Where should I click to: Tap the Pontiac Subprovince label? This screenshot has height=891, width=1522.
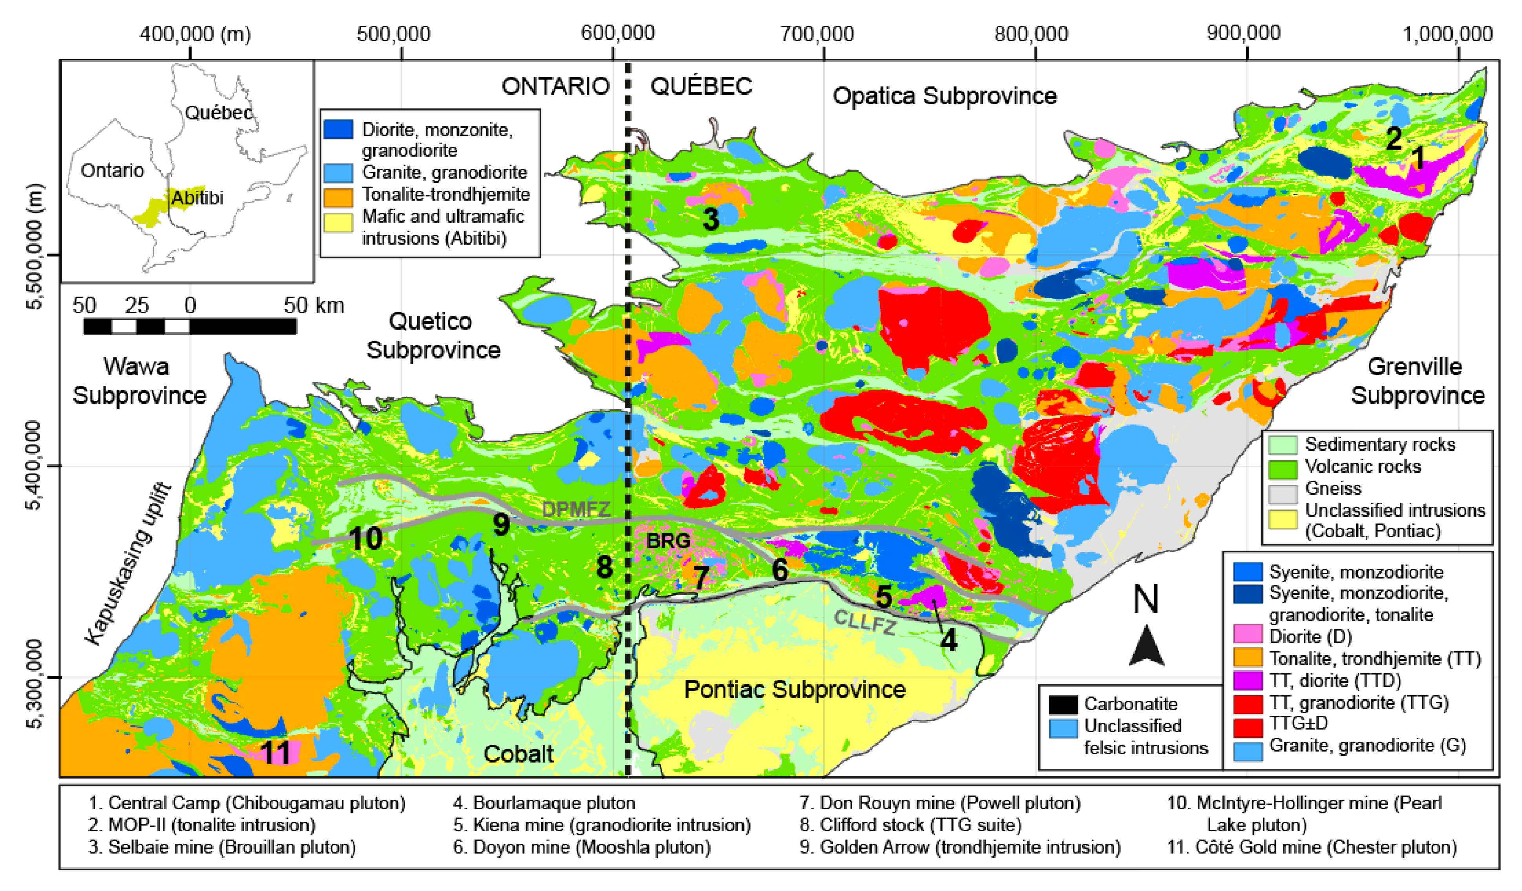pos(794,689)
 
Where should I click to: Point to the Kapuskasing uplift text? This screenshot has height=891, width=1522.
pos(128,564)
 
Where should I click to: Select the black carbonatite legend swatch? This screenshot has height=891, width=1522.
pos(1063,704)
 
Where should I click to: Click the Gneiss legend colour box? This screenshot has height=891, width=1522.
pos(1283,488)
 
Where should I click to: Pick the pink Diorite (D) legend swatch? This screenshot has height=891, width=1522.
pos(1247,637)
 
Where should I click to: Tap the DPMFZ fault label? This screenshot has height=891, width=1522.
pos(576,509)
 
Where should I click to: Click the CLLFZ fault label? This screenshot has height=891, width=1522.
pos(865,621)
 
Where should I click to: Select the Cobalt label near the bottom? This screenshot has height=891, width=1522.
pos(518,754)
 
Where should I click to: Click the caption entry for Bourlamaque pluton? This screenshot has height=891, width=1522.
pos(544,803)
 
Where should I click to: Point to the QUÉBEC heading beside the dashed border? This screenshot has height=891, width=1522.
pos(701,86)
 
